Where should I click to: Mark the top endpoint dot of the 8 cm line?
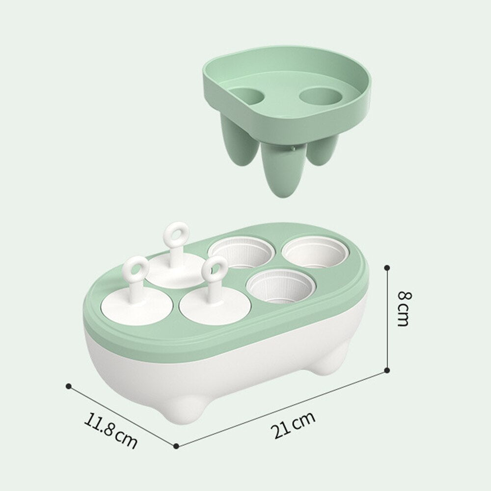tap(387, 268)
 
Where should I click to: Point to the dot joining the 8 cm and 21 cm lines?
tap(387, 370)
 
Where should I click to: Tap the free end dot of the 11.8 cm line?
tap(69, 386)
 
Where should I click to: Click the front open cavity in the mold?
tap(279, 287)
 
